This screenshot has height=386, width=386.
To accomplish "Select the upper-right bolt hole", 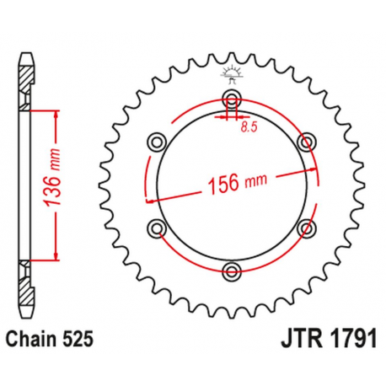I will click(307, 140).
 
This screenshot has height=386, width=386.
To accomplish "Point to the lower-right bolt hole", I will click(307, 226).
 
